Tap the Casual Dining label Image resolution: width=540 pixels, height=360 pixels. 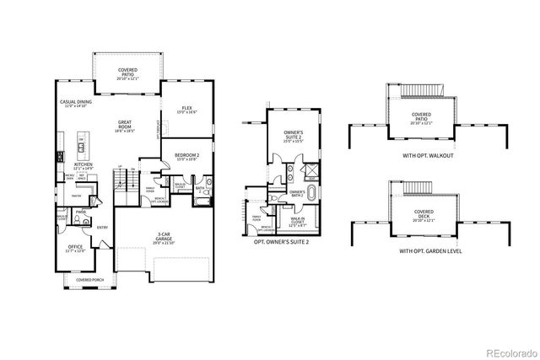click(x=75, y=104)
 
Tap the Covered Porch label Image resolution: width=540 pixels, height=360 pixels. click(x=89, y=279)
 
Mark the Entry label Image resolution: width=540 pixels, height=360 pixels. click(x=102, y=226)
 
